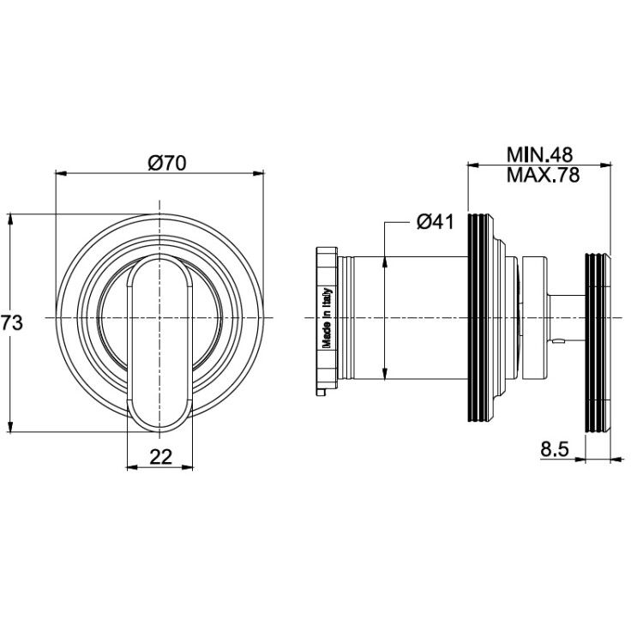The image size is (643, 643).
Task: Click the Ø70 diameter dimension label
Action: pos(167,163)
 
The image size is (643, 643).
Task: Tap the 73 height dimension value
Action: pos(11,322)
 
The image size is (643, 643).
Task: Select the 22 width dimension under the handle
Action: pos(160,456)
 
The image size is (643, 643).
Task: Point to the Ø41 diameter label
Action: pos(435,222)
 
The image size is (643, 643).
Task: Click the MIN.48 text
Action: pos(539,155)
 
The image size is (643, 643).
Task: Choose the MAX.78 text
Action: pos(543,175)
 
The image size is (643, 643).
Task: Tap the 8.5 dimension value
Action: pos(555,449)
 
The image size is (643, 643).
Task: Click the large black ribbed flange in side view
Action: pos(481,318)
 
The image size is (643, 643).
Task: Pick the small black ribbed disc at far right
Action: pos(596,343)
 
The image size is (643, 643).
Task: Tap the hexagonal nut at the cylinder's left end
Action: pos(327,319)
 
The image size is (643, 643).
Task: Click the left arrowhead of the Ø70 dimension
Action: pos(60,173)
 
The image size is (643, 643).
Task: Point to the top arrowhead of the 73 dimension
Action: pos(10,219)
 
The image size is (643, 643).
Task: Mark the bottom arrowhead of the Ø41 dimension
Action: pos(385,374)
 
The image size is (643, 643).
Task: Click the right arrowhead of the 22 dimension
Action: pos(188,467)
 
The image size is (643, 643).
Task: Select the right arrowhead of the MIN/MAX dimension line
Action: pos(605,165)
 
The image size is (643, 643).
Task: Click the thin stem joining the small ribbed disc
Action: pos(567,317)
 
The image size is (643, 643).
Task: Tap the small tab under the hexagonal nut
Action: pos(321,393)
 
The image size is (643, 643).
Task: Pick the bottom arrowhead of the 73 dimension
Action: pos(10,426)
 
